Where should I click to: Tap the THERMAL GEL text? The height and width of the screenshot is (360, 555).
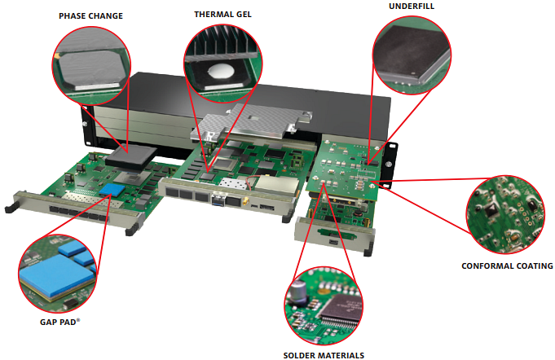pyautogui.click(x=222, y=15)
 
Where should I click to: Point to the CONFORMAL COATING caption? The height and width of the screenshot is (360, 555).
pyautogui.click(x=507, y=266)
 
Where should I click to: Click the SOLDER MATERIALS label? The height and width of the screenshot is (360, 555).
pyautogui.click(x=324, y=355)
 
